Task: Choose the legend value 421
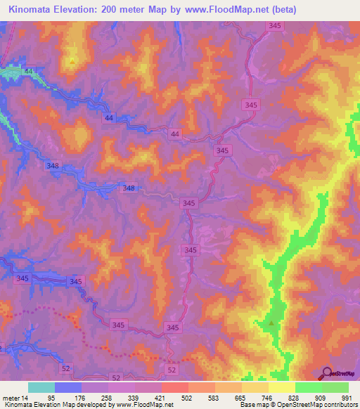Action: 162,398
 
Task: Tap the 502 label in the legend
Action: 188,398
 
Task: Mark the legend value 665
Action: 242,398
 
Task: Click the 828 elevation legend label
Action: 295,398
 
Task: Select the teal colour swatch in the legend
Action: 41,387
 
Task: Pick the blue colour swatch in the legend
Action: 68,387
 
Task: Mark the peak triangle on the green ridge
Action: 272,324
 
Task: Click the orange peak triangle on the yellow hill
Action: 72,60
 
